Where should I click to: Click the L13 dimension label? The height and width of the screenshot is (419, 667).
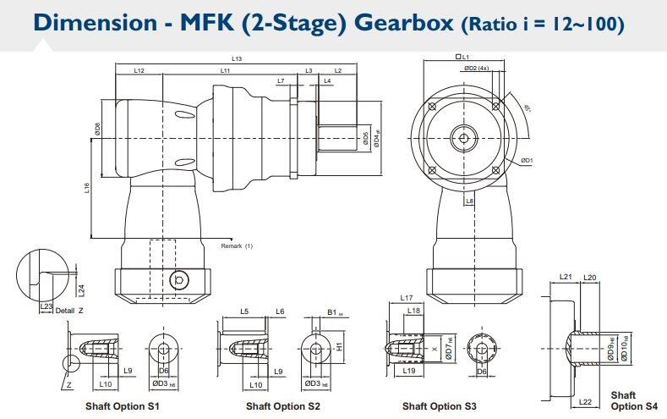(237, 58)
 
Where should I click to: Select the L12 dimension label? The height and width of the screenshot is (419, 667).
(139, 71)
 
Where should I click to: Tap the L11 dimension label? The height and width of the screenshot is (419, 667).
(226, 71)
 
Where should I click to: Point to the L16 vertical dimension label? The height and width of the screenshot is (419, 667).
(87, 188)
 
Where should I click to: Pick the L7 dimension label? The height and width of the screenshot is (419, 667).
(281, 80)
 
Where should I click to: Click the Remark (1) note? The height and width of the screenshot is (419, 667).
(237, 245)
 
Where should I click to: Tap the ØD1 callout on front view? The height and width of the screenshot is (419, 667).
(527, 160)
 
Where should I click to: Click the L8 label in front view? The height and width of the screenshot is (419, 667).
(469, 201)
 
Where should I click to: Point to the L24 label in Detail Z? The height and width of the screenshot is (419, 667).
(81, 289)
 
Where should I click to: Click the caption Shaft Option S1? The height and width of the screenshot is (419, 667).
(123, 406)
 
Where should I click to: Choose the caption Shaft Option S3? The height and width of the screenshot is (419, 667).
(440, 406)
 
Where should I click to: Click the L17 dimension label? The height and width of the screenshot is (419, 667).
(406, 298)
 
